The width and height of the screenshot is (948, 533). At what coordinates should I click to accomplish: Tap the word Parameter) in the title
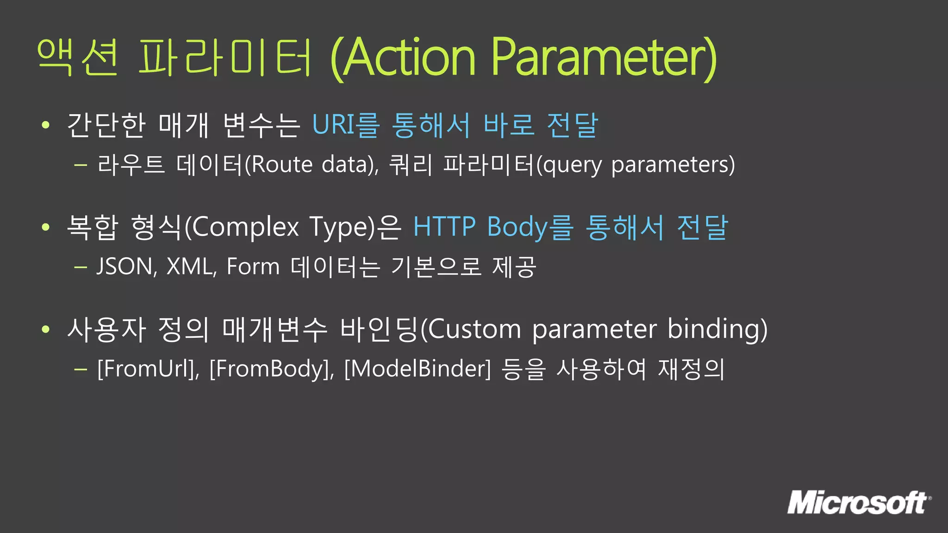pyautogui.click(x=604, y=57)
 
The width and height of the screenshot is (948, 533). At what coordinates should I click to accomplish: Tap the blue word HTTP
pyautogui.click(x=444, y=227)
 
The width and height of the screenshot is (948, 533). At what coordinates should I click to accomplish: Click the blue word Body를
pyautogui.click(x=530, y=227)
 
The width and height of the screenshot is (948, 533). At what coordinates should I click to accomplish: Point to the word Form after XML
pyautogui.click(x=253, y=267)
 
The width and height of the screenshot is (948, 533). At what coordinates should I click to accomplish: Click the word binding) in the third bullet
pyautogui.click(x=717, y=329)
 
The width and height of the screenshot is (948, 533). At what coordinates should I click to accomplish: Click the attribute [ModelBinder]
pyautogui.click(x=417, y=369)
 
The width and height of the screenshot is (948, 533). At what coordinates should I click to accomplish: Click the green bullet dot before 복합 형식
pyautogui.click(x=45, y=227)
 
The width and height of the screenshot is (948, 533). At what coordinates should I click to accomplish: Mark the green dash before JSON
pyautogui.click(x=81, y=267)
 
